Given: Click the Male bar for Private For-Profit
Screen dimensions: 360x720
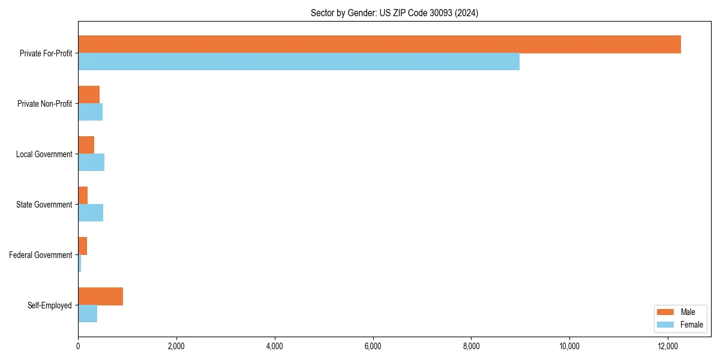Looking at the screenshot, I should (379, 44).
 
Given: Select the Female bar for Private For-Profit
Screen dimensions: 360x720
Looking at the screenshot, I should (299, 62).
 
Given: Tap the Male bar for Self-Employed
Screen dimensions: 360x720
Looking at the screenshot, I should (100, 296).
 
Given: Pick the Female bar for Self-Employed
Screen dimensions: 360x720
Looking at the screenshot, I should (88, 314).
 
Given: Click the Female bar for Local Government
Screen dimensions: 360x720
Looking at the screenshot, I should (91, 163).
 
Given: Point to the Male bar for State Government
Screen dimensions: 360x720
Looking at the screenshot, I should (83, 196).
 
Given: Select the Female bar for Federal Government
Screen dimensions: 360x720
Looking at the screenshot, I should (80, 263).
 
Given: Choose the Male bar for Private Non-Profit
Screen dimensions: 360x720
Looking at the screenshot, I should (89, 95).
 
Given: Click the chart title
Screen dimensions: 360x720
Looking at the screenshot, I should (394, 13).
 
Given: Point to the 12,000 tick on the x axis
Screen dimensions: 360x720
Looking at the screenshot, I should (668, 346).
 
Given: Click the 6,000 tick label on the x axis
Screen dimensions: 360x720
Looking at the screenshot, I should (373, 346).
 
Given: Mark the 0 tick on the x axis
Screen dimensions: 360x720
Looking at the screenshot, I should (78, 346).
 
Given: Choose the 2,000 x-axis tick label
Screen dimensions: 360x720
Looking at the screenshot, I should (176, 346).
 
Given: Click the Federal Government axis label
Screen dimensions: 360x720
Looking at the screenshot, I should (41, 255).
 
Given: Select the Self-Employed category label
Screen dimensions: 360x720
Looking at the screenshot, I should (50, 305).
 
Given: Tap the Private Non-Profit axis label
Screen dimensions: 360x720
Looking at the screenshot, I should (44, 104).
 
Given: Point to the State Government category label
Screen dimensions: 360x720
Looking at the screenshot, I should (44, 205).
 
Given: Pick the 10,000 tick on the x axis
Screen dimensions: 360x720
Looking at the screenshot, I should (569, 346).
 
